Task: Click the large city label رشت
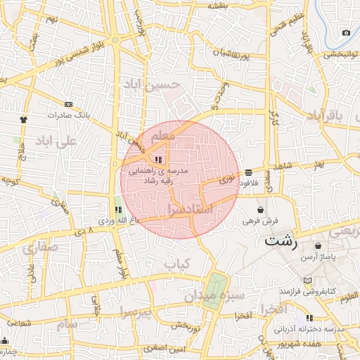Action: [281, 240]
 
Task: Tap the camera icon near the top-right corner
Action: [345, 33]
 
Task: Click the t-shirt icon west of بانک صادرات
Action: [24, 119]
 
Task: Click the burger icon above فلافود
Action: [249, 172]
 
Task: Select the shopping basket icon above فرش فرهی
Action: [261, 209]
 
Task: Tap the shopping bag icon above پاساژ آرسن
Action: [320, 247]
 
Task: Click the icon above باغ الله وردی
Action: [118, 210]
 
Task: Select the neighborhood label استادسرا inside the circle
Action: [191, 210]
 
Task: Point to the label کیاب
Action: [177, 264]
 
